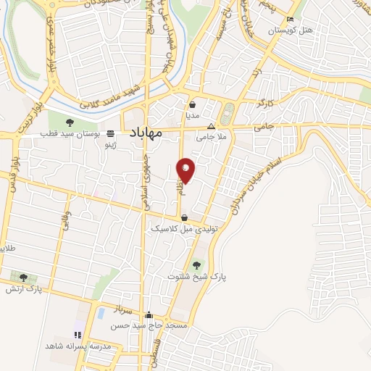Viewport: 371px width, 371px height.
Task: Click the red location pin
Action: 186,170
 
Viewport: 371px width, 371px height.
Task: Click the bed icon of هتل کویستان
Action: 290,19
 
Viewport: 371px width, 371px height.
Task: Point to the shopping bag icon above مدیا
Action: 192,104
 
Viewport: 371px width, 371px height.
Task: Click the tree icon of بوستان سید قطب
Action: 70,122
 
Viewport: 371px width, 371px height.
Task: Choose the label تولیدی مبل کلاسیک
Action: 184,228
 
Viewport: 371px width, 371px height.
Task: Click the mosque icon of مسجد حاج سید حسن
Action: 149,315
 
